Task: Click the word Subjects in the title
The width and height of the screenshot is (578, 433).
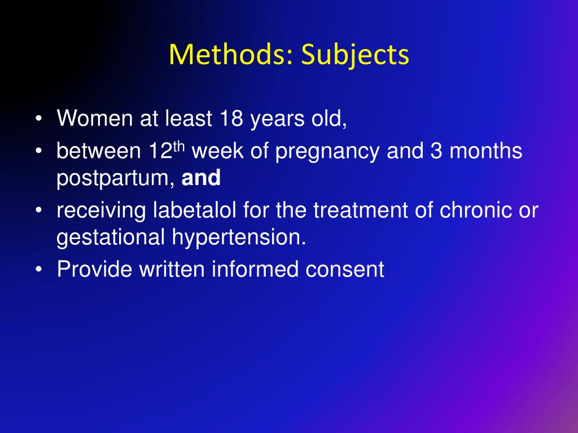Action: [x=355, y=55]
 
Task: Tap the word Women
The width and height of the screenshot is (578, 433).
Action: [x=92, y=119]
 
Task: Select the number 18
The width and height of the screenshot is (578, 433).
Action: [x=231, y=119]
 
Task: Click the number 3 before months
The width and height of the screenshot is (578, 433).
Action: [x=435, y=152]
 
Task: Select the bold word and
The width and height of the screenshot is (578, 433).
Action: [x=201, y=179]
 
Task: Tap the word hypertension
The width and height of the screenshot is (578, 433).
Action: [x=234, y=238]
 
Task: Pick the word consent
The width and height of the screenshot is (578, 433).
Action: [x=345, y=269]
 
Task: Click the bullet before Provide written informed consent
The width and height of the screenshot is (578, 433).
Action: [x=38, y=270]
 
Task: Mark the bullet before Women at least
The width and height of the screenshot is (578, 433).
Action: [x=38, y=120]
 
